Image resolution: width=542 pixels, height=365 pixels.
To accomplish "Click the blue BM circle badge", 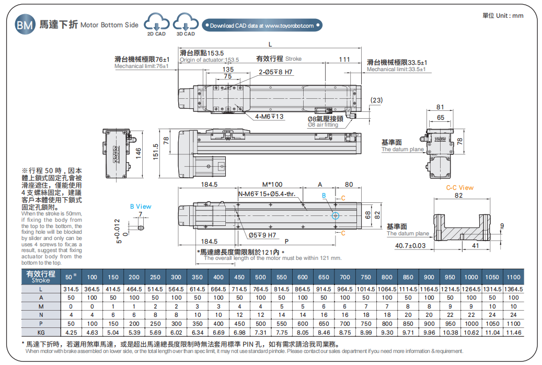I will (x=25, y=25).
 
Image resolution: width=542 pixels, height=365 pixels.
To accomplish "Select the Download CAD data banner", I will (x=262, y=25).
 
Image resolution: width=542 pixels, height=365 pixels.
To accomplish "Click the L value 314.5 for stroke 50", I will (x=71, y=289).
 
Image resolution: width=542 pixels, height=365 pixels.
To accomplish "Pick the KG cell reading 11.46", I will (x=514, y=332).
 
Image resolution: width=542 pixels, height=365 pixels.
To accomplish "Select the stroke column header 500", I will (x=260, y=277).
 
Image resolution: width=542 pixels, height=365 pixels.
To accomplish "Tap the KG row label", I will (x=40, y=332).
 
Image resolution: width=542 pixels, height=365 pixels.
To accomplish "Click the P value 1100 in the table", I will (x=514, y=323).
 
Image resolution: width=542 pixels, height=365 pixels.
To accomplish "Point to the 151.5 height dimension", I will (x=155, y=152).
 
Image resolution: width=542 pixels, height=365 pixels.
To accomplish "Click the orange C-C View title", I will (x=459, y=187).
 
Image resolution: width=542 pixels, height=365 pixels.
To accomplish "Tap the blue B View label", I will (x=141, y=207).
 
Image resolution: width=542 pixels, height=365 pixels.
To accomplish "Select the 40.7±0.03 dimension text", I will (x=410, y=245).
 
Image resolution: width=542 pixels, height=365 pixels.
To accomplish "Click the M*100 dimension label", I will (x=272, y=185).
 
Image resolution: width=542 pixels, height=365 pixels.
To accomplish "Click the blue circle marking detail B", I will (x=335, y=215).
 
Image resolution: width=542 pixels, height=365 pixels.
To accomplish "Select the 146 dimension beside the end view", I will (x=139, y=152).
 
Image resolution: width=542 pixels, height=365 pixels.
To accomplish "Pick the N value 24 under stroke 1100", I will (x=514, y=315).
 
